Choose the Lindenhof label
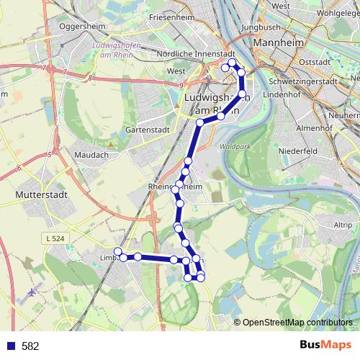coord(286,94)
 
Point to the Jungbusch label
coord(260,28)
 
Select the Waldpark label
coord(234,145)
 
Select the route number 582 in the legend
coord(30,346)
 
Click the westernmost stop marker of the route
coord(118,251)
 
